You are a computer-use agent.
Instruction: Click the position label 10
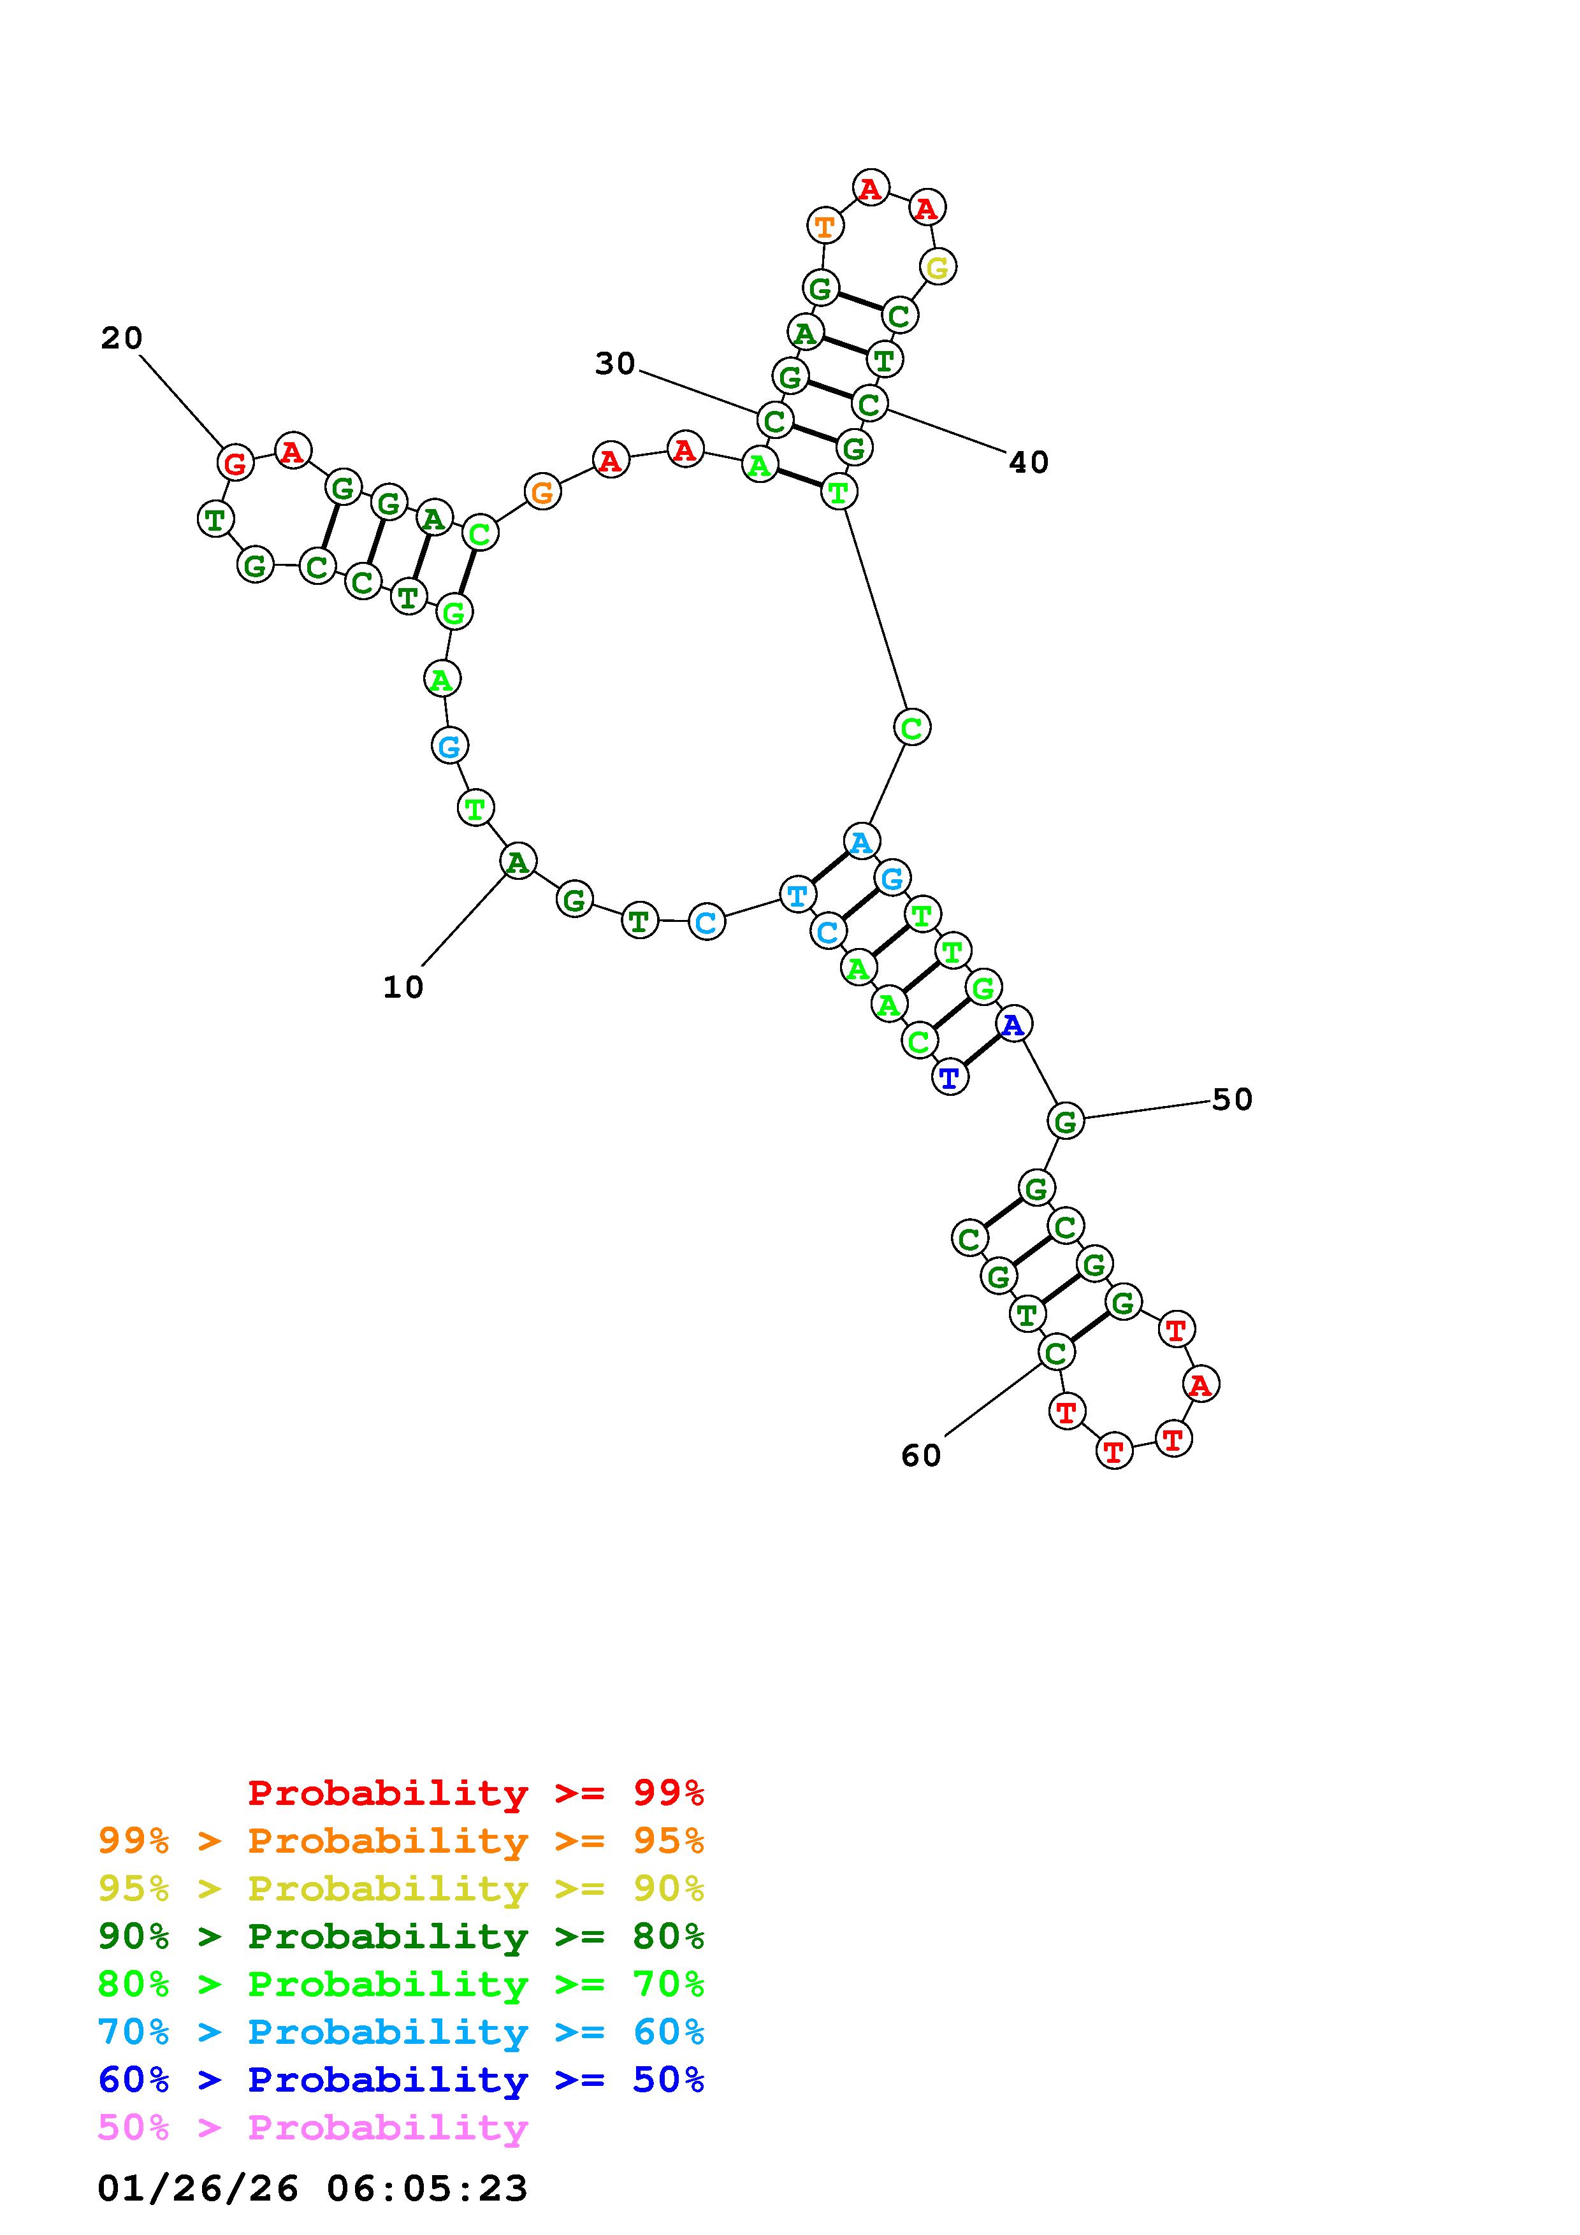coord(403,987)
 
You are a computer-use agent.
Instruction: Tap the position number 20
coord(122,338)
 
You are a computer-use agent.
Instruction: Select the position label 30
coord(615,364)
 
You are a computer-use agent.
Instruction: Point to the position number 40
coord(1029,463)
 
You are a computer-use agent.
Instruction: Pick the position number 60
coord(921,1455)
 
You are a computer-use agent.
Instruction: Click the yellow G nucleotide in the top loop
coord(938,267)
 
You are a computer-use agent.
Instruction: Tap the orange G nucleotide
coord(542,492)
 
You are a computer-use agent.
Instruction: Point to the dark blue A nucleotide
coord(1013,1024)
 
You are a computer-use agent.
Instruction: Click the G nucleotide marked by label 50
coord(1066,1121)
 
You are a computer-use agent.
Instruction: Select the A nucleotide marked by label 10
coord(518,861)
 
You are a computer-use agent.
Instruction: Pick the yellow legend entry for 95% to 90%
coord(401,1888)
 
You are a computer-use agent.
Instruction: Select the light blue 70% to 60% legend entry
coord(401,2032)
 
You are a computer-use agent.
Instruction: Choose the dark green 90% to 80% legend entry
coord(401,1936)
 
